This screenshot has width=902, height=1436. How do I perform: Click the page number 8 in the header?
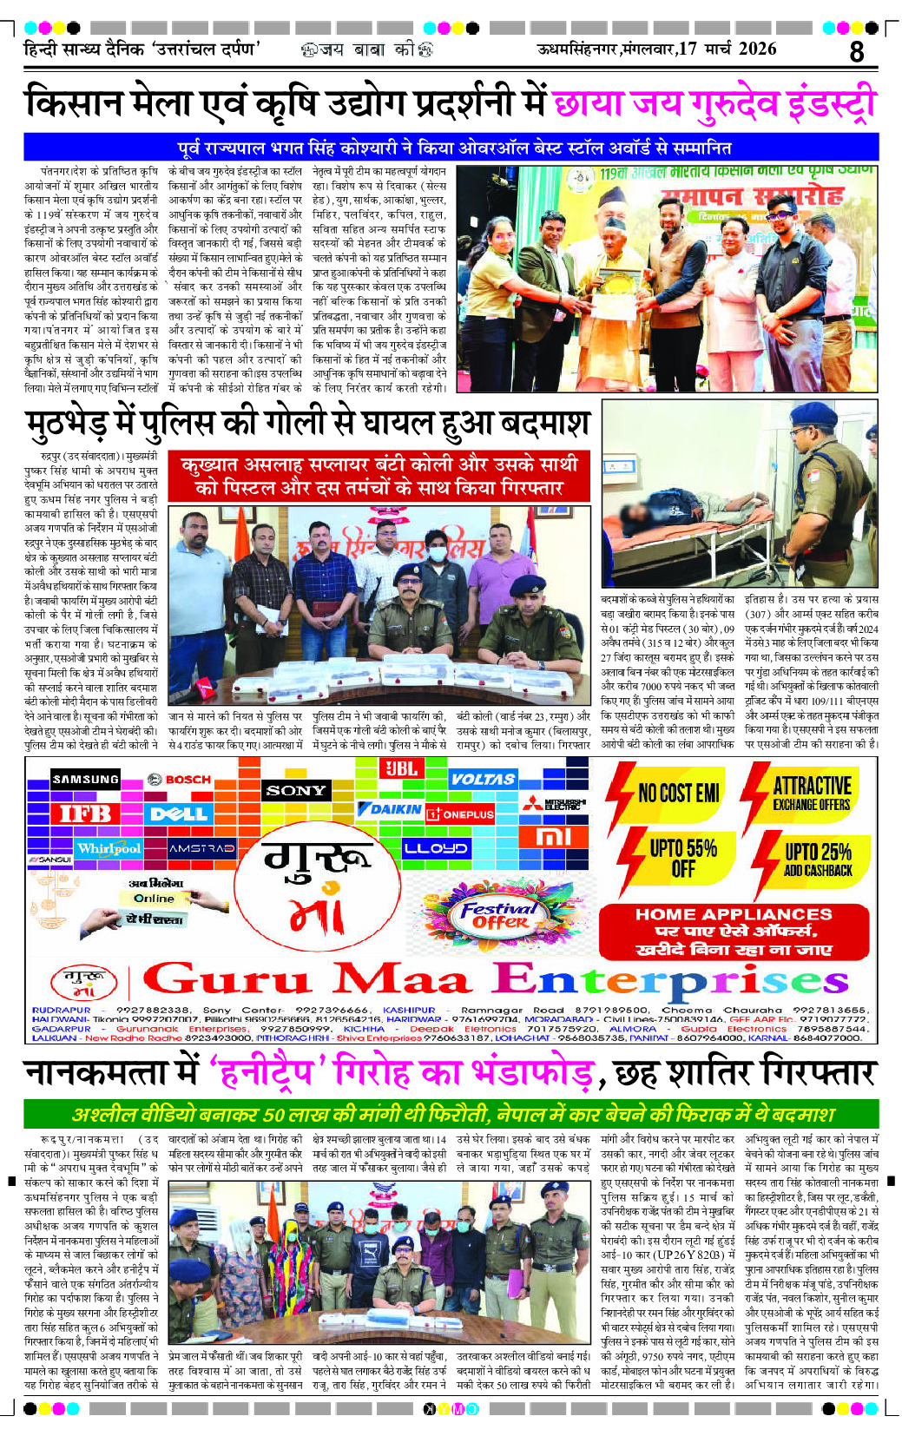coord(856,51)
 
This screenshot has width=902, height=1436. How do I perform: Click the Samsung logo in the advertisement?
coord(85,780)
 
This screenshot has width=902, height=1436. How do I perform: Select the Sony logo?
coord(296,790)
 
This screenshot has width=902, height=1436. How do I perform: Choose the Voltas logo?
coord(483,780)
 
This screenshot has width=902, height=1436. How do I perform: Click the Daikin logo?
coord(390,808)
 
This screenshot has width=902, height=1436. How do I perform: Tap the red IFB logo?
coord(85,814)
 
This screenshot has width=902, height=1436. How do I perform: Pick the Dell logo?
coord(179,814)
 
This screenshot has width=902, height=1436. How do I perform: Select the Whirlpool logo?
coord(109,848)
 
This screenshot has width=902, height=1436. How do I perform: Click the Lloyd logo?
coord(435,848)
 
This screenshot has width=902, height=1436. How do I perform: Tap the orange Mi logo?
coord(554,837)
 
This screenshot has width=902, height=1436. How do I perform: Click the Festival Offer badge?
coord(499,914)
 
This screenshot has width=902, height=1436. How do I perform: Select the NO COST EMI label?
coord(678,793)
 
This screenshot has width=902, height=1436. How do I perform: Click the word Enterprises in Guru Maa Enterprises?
coord(670,980)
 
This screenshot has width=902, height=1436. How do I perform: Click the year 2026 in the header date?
coord(757,49)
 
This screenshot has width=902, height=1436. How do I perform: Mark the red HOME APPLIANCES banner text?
coord(734,914)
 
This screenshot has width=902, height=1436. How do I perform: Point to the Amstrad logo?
coord(201,848)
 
